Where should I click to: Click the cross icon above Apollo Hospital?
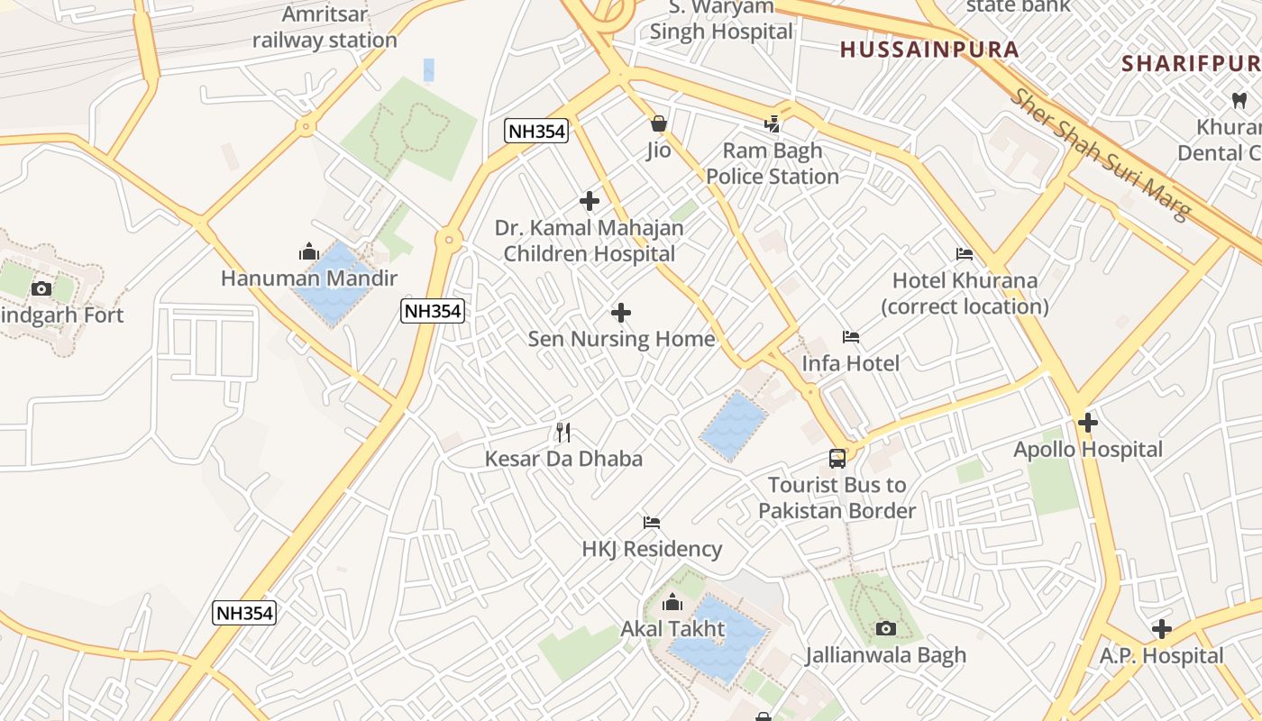tap(1088, 422)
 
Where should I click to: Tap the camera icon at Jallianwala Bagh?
tap(886, 628)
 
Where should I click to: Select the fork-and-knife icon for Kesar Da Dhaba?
tap(563, 433)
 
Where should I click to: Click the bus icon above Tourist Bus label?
tap(837, 458)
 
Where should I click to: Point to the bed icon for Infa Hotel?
tap(851, 337)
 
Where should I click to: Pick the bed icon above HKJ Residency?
tap(652, 523)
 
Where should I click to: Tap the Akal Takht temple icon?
tap(672, 602)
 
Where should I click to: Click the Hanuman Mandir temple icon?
tap(309, 252)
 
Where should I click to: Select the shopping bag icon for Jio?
tap(659, 123)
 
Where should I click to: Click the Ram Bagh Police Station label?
tap(773, 163)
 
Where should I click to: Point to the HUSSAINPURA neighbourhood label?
tap(929, 50)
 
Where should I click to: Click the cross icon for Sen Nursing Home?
tap(621, 313)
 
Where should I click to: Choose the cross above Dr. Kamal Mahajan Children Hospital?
tap(590, 201)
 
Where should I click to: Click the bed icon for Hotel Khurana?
tap(965, 254)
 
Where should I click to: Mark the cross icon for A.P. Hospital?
tap(1162, 629)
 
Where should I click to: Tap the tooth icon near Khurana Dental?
tap(1239, 100)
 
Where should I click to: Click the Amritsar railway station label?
tap(325, 27)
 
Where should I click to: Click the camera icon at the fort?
tap(41, 288)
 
